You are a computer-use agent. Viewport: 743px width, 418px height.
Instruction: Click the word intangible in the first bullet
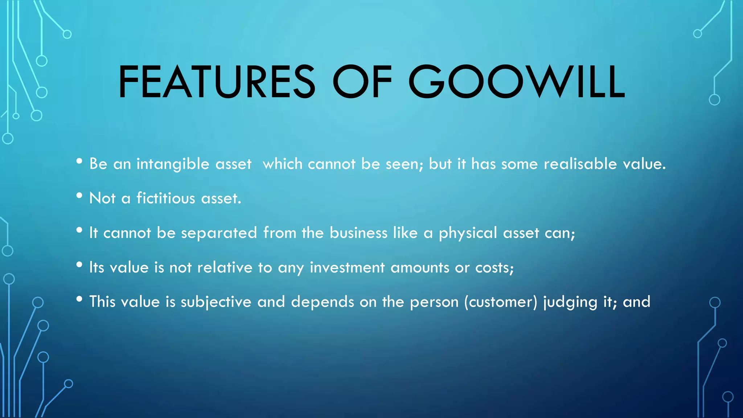pos(173,164)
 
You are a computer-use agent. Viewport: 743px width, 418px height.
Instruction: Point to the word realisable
pos(580,164)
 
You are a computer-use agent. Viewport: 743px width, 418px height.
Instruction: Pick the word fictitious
pos(166,198)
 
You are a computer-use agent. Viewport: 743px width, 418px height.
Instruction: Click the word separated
pos(219,233)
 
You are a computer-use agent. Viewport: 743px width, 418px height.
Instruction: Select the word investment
pos(347,268)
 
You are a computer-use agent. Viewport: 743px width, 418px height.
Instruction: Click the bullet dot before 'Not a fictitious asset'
pos(79,196)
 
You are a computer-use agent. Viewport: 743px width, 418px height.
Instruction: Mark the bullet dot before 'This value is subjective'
pos(79,299)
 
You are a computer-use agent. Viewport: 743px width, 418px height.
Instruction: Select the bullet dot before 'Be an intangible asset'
pos(79,161)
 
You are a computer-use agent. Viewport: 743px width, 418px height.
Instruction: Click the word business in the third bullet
pos(358,233)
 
